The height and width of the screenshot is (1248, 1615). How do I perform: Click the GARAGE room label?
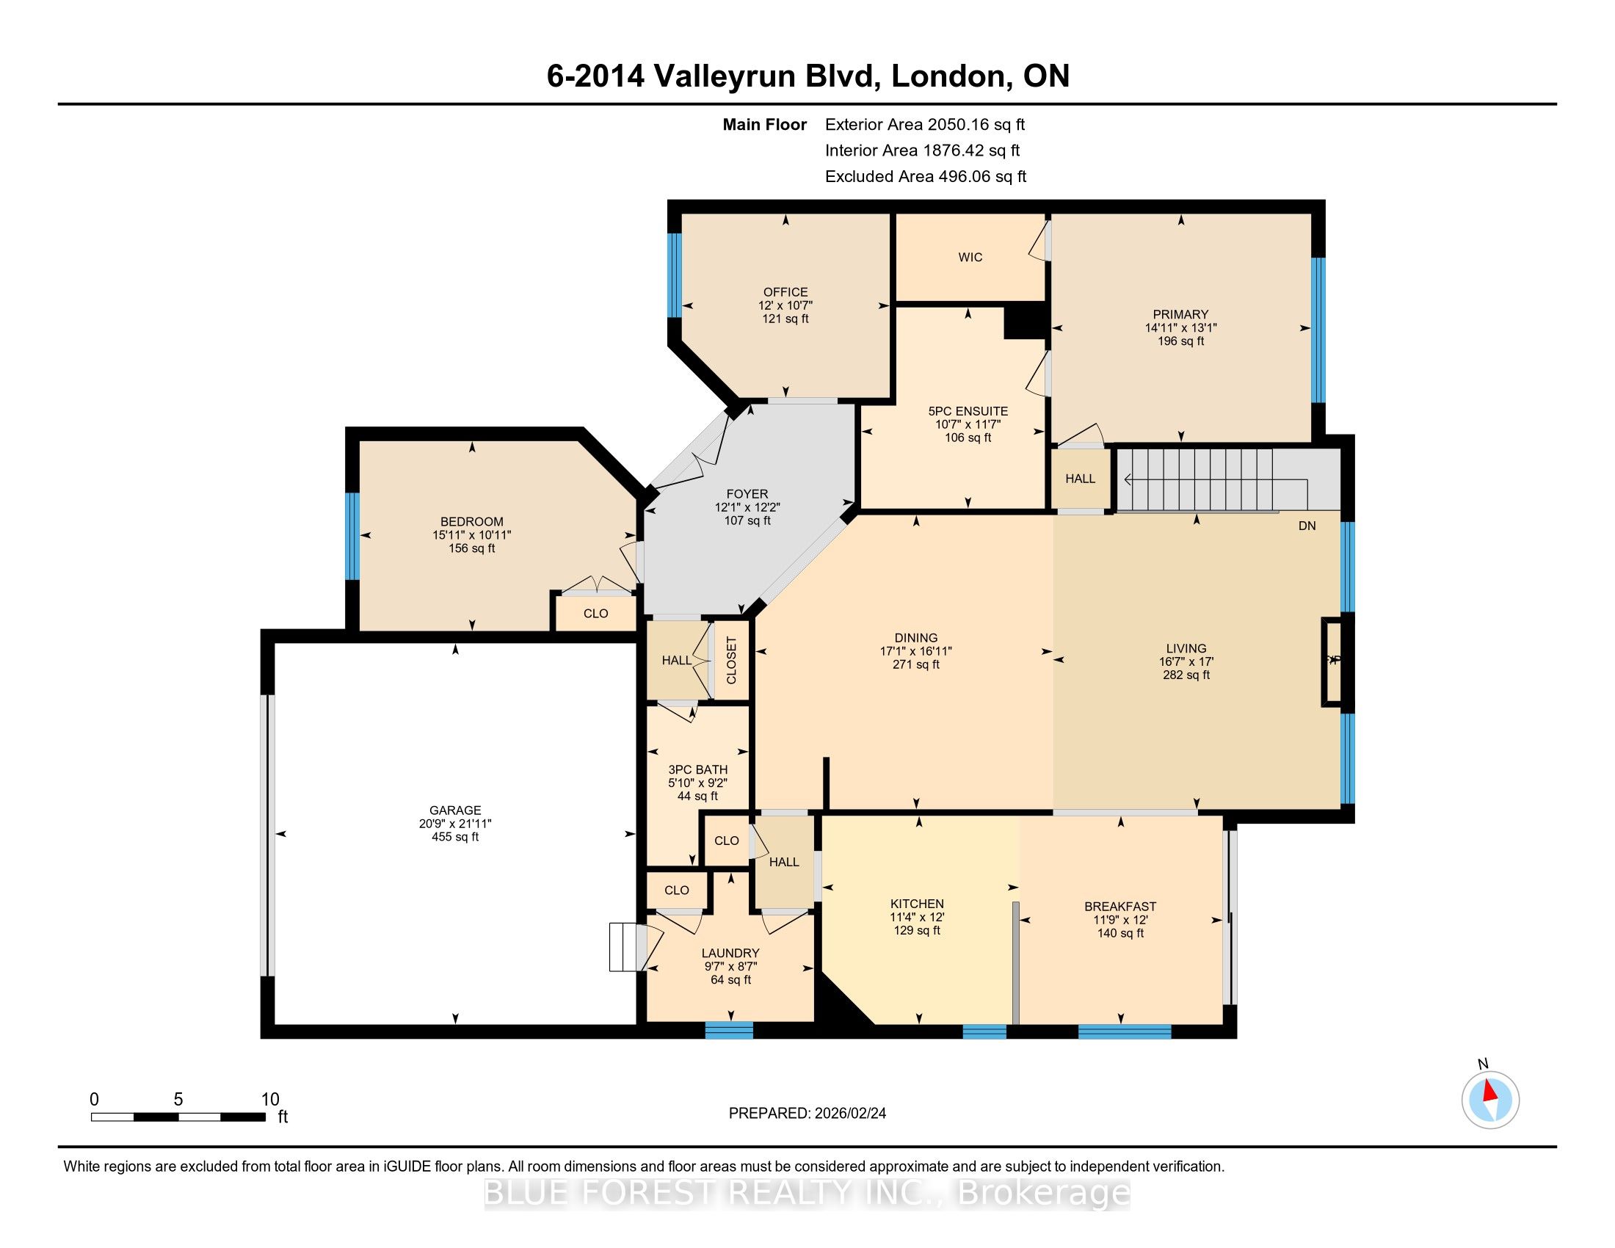(x=456, y=810)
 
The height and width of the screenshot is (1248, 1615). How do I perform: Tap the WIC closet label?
(x=970, y=257)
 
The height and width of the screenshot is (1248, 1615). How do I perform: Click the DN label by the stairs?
(x=1307, y=526)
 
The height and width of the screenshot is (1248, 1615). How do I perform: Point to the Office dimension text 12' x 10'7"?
(x=785, y=305)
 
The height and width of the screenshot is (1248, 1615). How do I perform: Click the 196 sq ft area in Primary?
(x=1181, y=341)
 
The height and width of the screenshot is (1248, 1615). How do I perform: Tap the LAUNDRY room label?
(x=730, y=953)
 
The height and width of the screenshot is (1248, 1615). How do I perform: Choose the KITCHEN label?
(x=917, y=904)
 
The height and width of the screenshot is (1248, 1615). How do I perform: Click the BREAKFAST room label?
(x=1120, y=907)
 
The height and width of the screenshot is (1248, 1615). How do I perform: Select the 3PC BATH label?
(x=698, y=769)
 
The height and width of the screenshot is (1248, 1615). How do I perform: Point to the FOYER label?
(x=747, y=494)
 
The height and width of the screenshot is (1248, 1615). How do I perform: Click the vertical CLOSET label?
(x=731, y=660)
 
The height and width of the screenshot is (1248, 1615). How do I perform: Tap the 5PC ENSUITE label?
(x=968, y=411)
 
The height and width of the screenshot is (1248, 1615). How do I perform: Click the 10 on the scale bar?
(x=271, y=1099)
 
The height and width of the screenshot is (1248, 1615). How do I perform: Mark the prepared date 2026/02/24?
(x=849, y=1113)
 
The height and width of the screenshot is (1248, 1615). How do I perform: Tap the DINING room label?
(x=916, y=638)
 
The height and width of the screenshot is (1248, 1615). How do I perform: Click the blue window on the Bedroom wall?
(x=352, y=536)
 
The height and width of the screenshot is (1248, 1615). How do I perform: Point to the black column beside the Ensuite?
(x=1024, y=322)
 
